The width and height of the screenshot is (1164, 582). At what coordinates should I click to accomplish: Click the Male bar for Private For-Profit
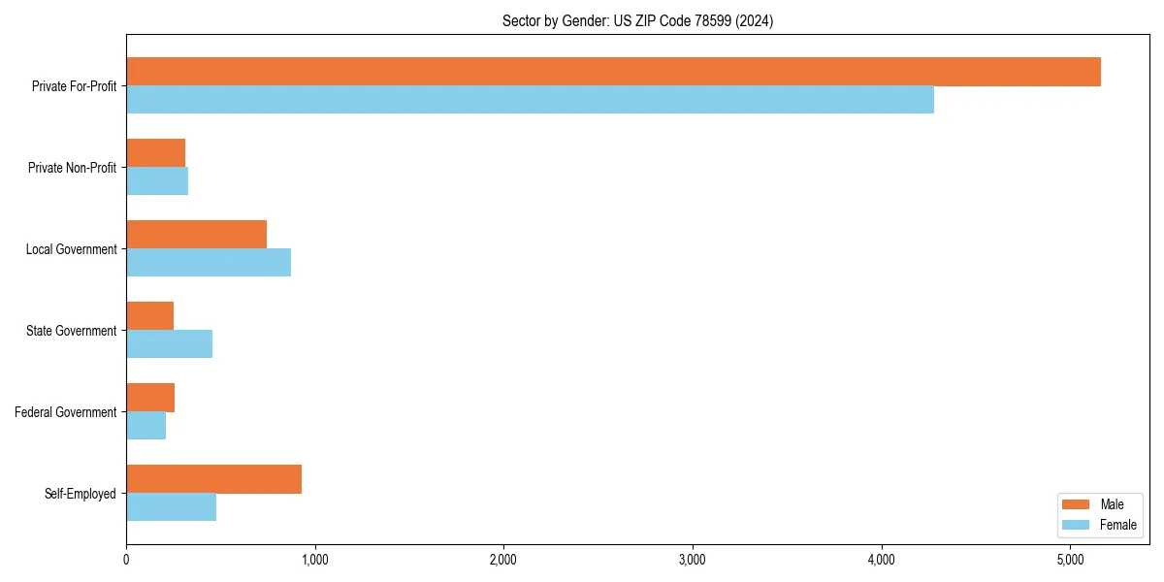tap(613, 72)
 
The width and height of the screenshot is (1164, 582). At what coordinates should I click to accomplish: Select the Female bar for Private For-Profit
tap(530, 100)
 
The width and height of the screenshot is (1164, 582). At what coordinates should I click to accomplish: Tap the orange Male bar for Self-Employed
tap(213, 479)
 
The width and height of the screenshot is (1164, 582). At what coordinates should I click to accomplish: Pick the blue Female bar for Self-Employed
tap(171, 507)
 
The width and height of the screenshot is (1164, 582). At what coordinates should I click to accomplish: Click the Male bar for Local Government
tap(196, 235)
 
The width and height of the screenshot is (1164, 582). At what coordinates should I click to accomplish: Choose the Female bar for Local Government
tap(209, 263)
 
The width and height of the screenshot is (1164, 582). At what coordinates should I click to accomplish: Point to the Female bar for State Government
tap(169, 344)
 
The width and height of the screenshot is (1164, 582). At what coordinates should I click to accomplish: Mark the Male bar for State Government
tap(149, 316)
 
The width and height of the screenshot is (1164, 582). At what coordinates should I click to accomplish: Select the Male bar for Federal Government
tap(150, 398)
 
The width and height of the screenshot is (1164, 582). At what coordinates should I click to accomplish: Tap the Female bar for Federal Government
tap(145, 426)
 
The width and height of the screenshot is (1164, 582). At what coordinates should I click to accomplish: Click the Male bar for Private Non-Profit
tap(155, 153)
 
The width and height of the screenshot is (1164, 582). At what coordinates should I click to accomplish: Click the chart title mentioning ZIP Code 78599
tap(637, 20)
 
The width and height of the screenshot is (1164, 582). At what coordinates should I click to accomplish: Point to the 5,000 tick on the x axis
tap(1070, 560)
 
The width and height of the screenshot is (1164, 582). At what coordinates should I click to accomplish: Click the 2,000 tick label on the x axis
tap(503, 560)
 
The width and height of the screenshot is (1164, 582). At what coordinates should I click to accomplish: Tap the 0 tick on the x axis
tap(126, 560)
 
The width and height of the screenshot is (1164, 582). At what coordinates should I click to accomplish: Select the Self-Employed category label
tap(80, 494)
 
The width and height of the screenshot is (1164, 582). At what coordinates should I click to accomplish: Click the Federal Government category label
tap(66, 412)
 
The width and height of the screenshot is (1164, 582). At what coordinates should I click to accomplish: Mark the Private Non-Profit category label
tap(72, 168)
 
